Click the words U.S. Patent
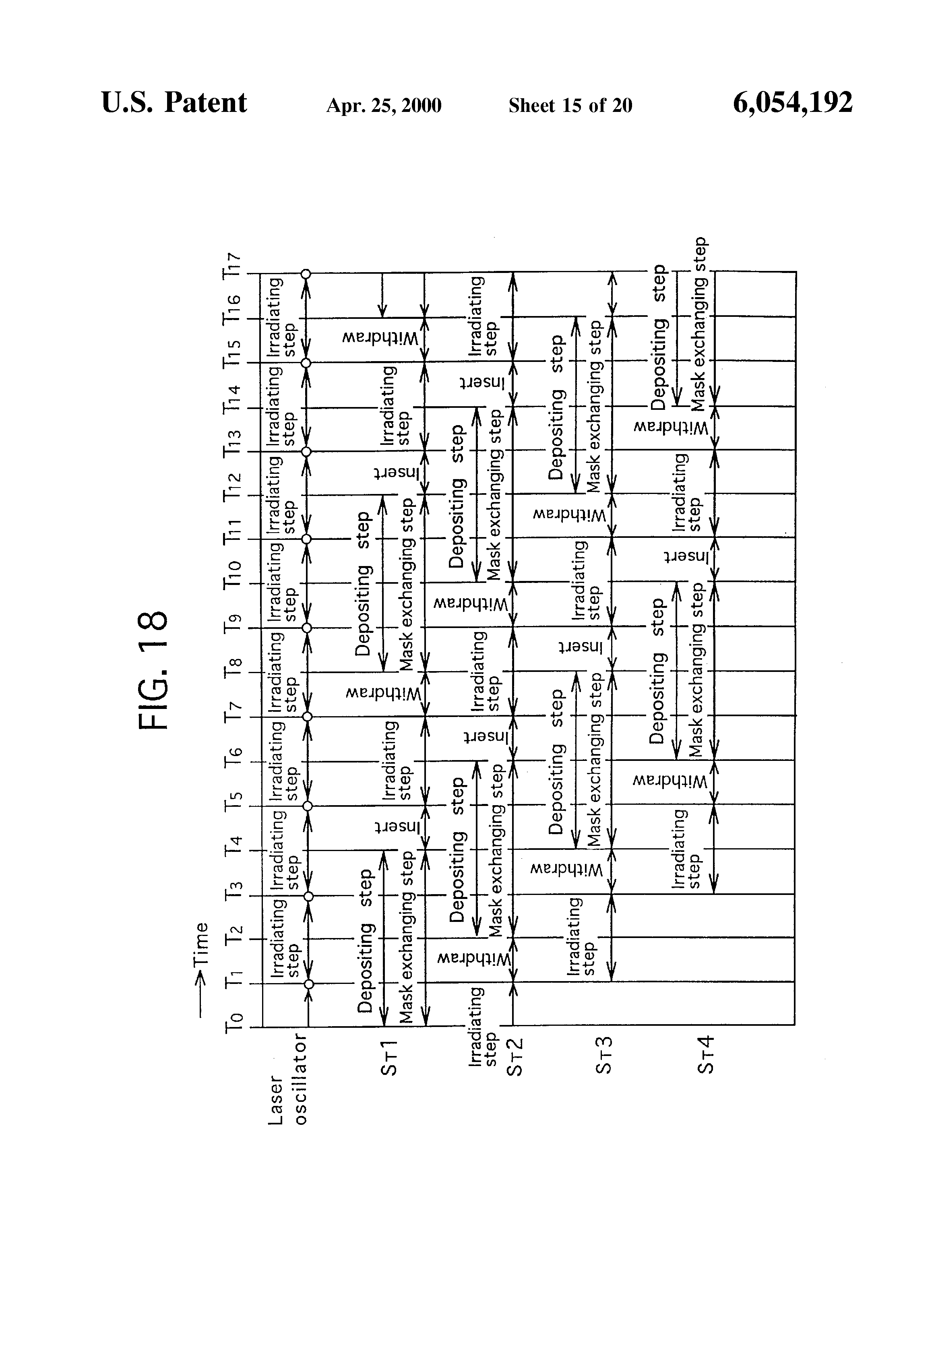click(x=174, y=103)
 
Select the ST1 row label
click(x=389, y=1058)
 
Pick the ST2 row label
click(x=515, y=1058)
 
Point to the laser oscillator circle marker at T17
click(x=306, y=273)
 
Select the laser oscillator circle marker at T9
click(x=306, y=628)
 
